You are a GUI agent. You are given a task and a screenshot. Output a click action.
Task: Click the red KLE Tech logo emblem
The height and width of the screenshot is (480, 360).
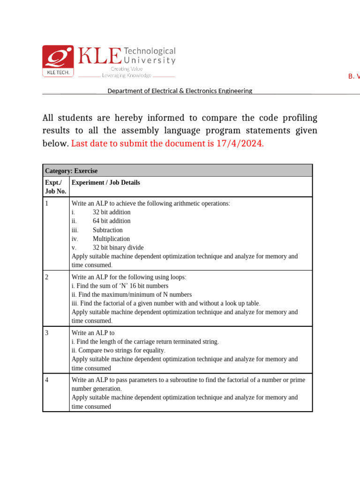pyautogui.click(x=58, y=61)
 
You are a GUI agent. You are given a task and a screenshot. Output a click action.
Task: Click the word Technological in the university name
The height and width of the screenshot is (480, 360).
pyautogui.click(x=150, y=51)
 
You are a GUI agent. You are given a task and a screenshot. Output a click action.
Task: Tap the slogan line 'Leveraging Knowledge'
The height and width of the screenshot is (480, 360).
pyautogui.click(x=127, y=75)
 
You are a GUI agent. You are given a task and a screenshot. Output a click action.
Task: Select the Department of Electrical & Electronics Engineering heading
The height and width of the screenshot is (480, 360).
pyautogui.click(x=180, y=91)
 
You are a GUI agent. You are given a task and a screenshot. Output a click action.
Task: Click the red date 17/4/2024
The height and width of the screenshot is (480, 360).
pyautogui.click(x=240, y=143)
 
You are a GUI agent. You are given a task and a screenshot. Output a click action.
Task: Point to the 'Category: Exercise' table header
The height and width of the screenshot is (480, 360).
pyautogui.click(x=71, y=171)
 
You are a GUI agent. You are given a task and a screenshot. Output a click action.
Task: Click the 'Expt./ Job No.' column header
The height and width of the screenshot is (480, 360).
pyautogui.click(x=55, y=187)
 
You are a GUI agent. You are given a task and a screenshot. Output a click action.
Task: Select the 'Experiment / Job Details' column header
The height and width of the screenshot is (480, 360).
pyautogui.click(x=105, y=183)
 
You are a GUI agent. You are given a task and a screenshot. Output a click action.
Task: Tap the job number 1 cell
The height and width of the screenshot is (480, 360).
pyautogui.click(x=47, y=203)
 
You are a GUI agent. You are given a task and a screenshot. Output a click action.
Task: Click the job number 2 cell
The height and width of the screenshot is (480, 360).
pyautogui.click(x=47, y=277)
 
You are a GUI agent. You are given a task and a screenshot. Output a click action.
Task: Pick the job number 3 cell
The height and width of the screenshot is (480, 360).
pyautogui.click(x=47, y=333)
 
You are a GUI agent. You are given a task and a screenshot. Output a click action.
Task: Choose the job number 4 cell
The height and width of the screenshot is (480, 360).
pyautogui.click(x=47, y=380)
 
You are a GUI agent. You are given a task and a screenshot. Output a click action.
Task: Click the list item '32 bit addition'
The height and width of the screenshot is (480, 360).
pyautogui.click(x=112, y=212)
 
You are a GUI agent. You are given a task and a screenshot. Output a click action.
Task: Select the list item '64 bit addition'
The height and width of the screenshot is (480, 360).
pyautogui.click(x=112, y=221)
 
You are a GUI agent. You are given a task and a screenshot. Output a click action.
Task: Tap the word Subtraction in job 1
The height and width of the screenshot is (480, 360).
pyautogui.click(x=107, y=230)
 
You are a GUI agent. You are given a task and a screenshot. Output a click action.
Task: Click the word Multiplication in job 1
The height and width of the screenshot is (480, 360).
pyautogui.click(x=111, y=239)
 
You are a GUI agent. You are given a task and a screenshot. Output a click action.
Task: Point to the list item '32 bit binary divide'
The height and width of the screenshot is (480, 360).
pyautogui.click(x=118, y=247)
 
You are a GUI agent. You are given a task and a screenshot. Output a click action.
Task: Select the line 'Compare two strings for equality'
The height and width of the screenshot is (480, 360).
pyautogui.click(x=118, y=351)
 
